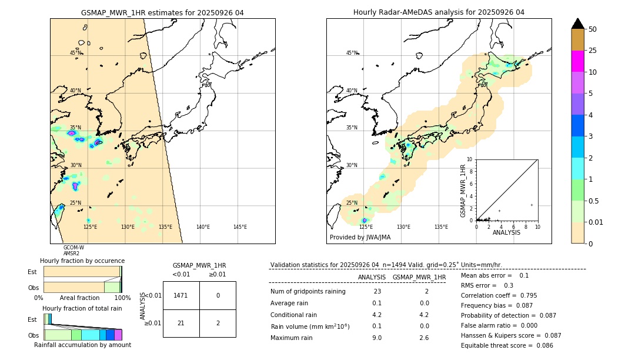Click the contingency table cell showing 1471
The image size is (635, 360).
pyautogui.click(x=181, y=295)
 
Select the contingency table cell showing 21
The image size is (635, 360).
pyautogui.click(x=181, y=323)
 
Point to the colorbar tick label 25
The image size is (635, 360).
pyautogui.click(x=593, y=51)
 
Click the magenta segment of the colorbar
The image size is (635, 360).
pyautogui.click(x=577, y=61)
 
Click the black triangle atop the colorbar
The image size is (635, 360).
pyautogui.click(x=577, y=24)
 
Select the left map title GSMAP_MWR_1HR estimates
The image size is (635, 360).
pyautogui.click(x=162, y=12)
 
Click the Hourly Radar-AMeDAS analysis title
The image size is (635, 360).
pyautogui.click(x=439, y=12)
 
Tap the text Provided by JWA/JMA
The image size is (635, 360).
pyautogui.click(x=360, y=237)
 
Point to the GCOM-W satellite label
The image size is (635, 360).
pyautogui.click(x=73, y=248)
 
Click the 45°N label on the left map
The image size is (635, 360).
pyautogui.click(x=75, y=53)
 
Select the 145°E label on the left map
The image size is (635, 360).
pyautogui.click(x=240, y=227)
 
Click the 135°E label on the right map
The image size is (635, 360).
pyautogui.click(x=441, y=227)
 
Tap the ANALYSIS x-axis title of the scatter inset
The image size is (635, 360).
pyautogui.click(x=506, y=232)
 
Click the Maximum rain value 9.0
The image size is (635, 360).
pyautogui.click(x=377, y=338)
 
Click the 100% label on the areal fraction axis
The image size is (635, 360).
pyautogui.click(x=122, y=298)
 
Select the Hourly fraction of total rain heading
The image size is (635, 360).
pyautogui.click(x=82, y=308)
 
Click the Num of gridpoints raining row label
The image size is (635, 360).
pyautogui.click(x=308, y=291)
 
